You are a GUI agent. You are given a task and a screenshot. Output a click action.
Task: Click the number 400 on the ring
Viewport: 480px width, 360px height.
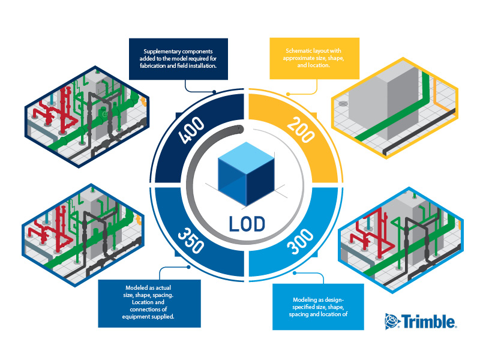191,130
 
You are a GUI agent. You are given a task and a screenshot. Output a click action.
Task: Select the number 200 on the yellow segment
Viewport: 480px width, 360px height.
301,130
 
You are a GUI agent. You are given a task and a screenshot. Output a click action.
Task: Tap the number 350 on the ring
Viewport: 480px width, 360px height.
191,241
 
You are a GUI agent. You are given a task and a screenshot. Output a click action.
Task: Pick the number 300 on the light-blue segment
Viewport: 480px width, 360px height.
301,242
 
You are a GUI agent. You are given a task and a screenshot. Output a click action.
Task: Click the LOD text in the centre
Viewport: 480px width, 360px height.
247,224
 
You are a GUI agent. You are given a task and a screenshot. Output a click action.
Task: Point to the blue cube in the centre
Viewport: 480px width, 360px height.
246,173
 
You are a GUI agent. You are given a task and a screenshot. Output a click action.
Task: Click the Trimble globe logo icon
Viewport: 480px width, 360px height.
392,321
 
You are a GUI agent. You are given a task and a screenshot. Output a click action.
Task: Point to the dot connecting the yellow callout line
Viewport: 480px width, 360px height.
288,94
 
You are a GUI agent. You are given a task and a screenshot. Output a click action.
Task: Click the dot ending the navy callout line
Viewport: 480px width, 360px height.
214,92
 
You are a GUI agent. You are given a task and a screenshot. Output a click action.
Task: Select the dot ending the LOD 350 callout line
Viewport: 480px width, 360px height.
188,267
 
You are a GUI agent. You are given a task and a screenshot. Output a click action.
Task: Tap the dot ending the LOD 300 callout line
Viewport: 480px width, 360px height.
295,273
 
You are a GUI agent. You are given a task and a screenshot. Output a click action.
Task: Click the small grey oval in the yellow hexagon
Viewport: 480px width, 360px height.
343,104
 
